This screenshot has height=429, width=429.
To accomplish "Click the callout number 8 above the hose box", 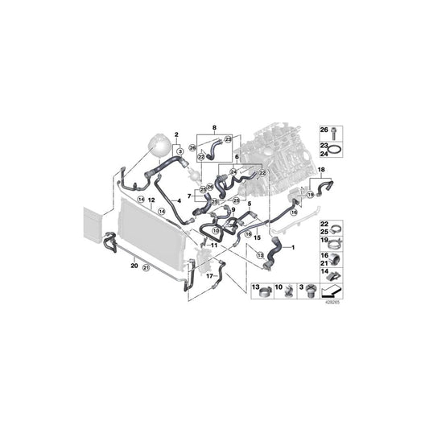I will pyautogui.click(x=213, y=129).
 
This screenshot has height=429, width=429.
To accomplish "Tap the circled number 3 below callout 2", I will pyautogui.click(x=179, y=151).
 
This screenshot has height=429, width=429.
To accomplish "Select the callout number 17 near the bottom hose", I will pyautogui.click(x=209, y=275).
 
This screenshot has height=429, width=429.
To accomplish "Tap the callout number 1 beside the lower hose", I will pyautogui.click(x=292, y=246).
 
